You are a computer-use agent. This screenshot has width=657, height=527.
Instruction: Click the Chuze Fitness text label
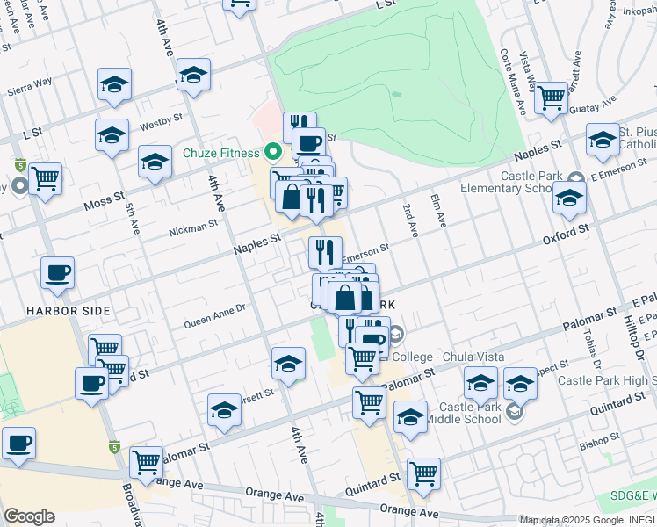[221, 153]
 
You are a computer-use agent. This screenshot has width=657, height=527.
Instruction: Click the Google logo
[29, 516]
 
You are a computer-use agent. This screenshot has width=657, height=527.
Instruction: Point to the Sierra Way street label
[29, 87]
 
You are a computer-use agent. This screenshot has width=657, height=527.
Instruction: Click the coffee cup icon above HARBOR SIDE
[58, 273]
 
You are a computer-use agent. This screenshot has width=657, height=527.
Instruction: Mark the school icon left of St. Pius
[603, 141]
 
